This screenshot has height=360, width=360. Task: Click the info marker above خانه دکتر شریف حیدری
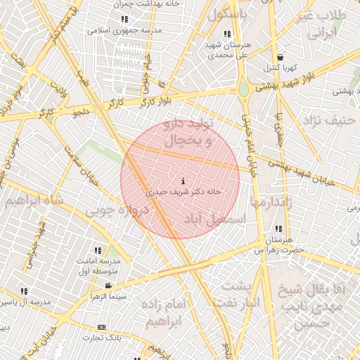click(x=184, y=181)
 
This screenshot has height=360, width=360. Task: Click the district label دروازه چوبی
click(x=119, y=210)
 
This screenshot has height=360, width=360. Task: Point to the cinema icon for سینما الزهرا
click(x=108, y=285)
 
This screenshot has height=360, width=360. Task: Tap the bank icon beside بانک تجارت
click(x=102, y=327)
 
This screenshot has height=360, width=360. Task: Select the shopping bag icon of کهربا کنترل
click(x=281, y=58)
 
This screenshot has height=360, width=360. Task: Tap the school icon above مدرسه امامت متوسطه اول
click(x=98, y=250)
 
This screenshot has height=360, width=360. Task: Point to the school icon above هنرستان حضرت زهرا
click(x=279, y=229)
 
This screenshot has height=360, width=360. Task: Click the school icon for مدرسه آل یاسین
click(x=24, y=291)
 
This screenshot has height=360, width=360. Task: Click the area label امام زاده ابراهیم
click(x=165, y=313)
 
